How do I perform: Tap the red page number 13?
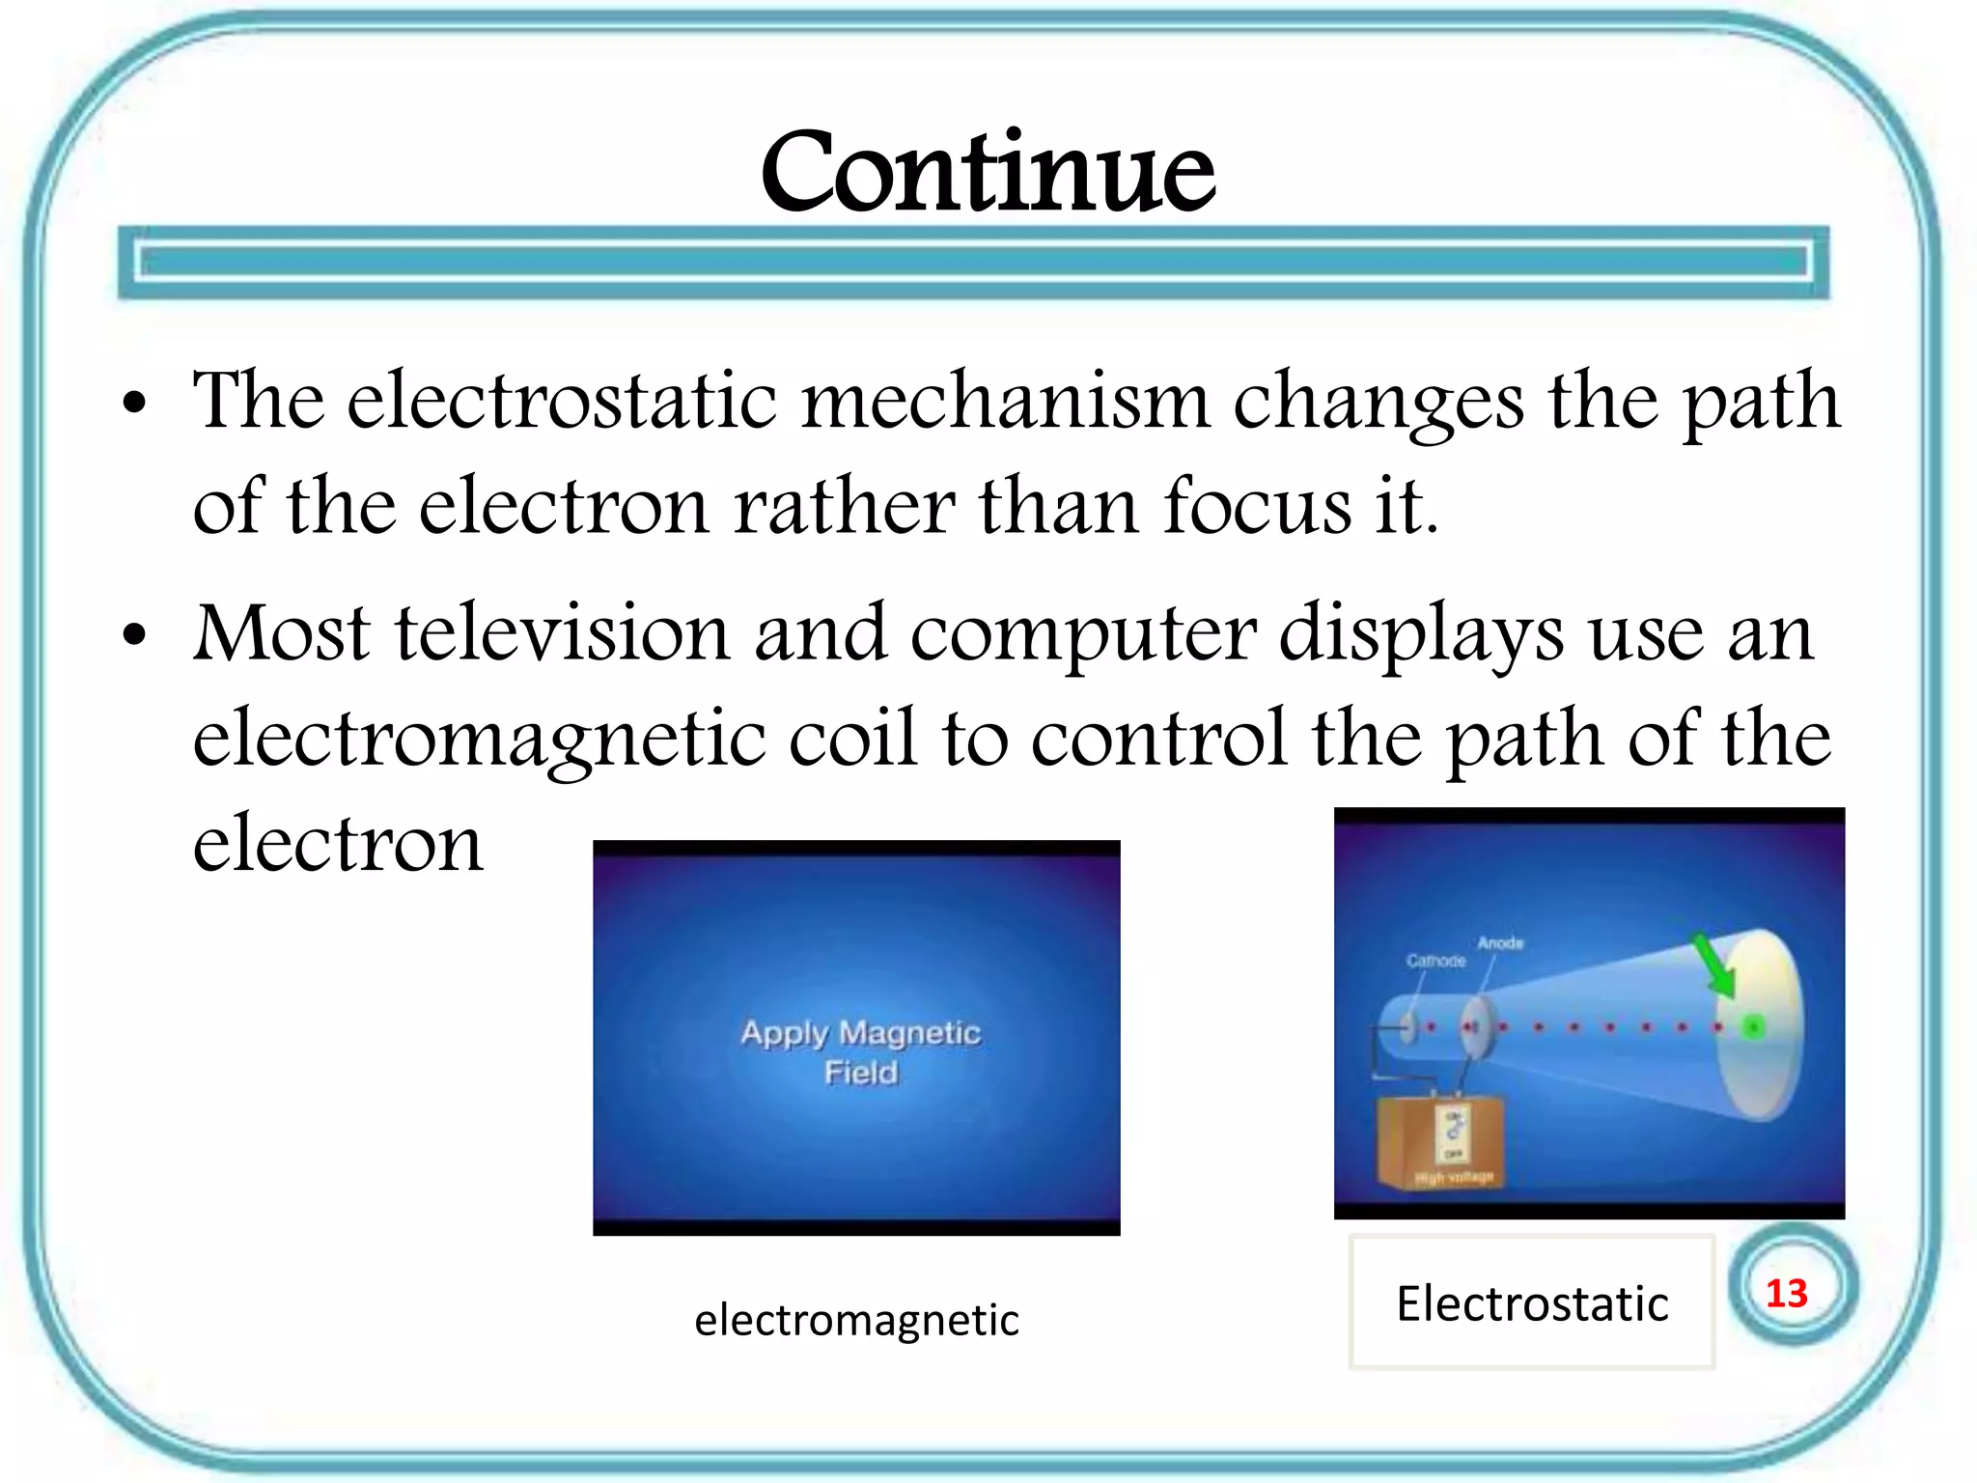[1786, 1293]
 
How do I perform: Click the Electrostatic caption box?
[1531, 1302]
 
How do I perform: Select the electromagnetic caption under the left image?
[856, 1319]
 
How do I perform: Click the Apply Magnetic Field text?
[860, 1051]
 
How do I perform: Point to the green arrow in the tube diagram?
[1715, 966]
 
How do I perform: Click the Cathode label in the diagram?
[1435, 961]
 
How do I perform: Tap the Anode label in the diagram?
[1500, 942]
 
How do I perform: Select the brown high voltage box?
[1438, 1144]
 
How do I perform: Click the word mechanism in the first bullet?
[1005, 401]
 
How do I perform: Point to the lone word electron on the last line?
[338, 844]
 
